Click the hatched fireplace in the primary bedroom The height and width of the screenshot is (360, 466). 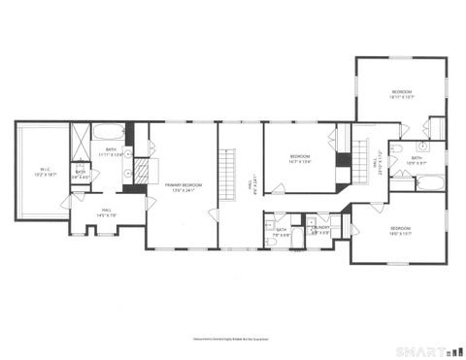tap(141, 173)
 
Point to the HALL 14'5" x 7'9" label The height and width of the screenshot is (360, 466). tap(108, 213)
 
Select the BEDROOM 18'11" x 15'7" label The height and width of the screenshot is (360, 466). tap(402, 94)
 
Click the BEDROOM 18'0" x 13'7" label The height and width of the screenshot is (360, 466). tap(402, 231)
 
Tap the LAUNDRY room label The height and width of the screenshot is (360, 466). tap(318, 231)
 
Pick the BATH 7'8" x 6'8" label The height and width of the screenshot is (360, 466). tap(281, 231)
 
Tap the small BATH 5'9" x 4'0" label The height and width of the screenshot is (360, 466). tap(81, 175)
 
